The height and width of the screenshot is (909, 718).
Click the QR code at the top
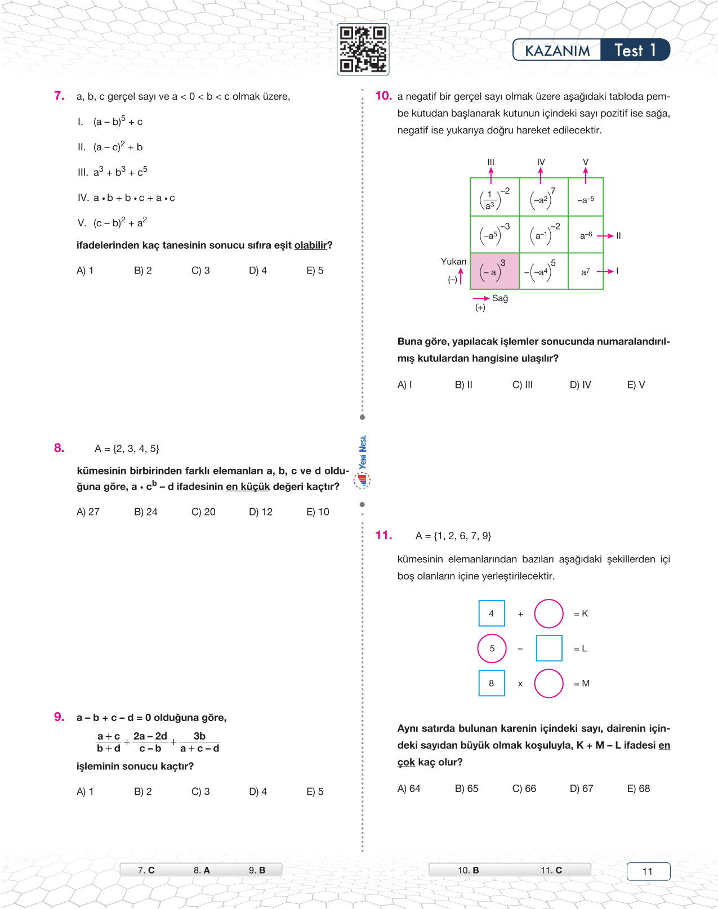point(363,50)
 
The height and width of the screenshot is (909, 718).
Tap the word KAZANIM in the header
point(557,51)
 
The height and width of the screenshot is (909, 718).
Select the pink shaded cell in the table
point(494,271)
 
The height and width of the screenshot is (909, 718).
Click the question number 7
point(59,96)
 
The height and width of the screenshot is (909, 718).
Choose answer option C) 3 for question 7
point(200,271)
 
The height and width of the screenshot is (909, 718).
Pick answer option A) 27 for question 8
point(88,512)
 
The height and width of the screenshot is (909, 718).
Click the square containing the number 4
point(492,614)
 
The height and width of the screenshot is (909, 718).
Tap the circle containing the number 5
point(492,648)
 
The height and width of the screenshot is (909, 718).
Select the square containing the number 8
point(492,683)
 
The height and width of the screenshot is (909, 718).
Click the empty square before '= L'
point(549,648)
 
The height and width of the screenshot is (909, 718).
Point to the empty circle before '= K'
point(548,614)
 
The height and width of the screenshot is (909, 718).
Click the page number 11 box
point(648,871)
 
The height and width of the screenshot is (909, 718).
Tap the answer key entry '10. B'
point(468,870)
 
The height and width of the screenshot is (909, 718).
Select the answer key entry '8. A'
point(202,870)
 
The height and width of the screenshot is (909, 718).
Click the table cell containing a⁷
point(586,272)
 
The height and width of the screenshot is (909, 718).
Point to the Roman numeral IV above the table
point(541,162)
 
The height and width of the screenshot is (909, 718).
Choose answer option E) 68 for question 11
point(639,789)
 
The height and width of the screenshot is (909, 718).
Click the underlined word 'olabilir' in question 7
point(310,245)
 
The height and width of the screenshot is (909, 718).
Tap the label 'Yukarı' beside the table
point(453,262)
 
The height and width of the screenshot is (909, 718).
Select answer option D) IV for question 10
point(581,385)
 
